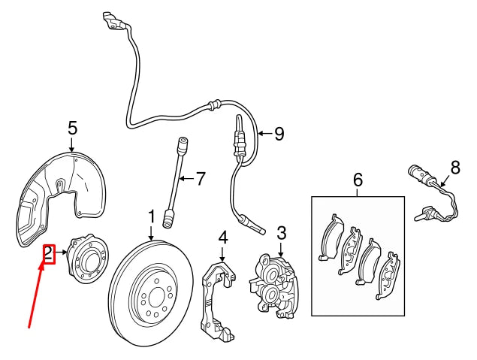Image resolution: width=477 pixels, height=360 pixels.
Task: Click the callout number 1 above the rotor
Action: (x=152, y=216)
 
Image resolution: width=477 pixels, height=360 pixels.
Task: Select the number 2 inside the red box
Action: (x=48, y=254)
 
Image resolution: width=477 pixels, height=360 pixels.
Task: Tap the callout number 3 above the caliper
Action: (x=282, y=233)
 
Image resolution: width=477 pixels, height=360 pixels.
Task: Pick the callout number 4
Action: (x=223, y=238)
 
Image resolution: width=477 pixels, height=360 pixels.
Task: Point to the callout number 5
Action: (x=73, y=128)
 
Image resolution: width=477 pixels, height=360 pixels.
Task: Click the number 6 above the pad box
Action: (x=358, y=180)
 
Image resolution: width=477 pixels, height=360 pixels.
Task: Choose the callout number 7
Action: (x=201, y=179)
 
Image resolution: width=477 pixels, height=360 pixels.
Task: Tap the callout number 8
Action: (x=455, y=168)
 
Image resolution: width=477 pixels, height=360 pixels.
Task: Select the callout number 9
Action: (x=279, y=134)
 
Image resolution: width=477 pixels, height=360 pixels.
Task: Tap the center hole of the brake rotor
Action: (x=156, y=296)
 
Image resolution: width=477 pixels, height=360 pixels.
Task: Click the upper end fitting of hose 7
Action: (x=183, y=145)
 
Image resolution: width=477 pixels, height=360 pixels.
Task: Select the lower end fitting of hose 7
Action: (x=168, y=218)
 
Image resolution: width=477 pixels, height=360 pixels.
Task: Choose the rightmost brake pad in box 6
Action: (x=388, y=275)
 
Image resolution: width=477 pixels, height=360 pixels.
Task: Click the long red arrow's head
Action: (x=42, y=266)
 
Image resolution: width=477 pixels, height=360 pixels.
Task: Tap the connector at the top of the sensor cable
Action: (x=113, y=21)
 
